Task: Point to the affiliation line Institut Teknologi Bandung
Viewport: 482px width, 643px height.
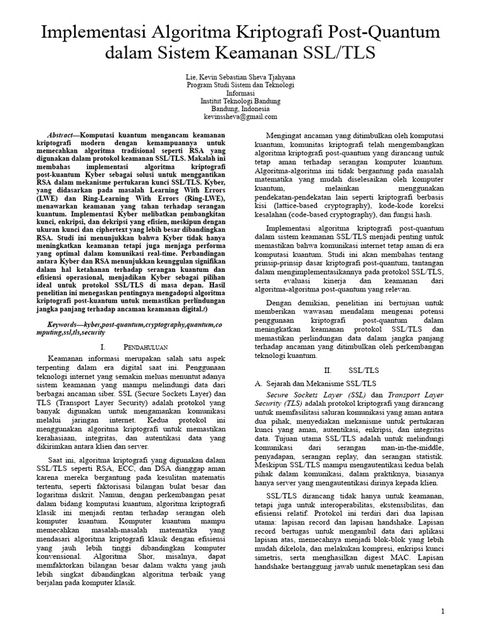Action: (x=241, y=101)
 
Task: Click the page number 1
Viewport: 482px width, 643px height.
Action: (x=443, y=612)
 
